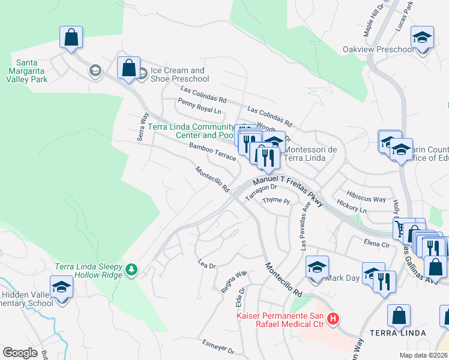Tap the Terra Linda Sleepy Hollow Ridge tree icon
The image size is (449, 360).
pos(131,271)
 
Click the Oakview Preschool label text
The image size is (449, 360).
pos(378,49)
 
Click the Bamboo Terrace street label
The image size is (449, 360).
pos(212,151)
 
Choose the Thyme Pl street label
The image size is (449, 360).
pos(276,201)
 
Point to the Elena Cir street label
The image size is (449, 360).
pos(377,244)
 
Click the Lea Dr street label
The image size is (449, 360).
pos(206,263)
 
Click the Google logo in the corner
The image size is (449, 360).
pos(20,353)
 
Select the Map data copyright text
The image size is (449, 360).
pos(423,355)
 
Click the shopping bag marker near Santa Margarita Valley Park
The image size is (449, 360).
pos(71,38)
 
